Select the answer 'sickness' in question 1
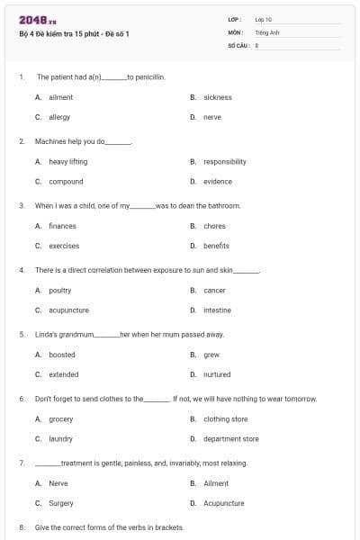(x=218, y=97)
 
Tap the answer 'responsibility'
(x=225, y=162)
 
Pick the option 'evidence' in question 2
(x=218, y=182)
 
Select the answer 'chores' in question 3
(x=214, y=226)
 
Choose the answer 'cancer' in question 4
(x=214, y=291)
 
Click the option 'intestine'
(x=217, y=310)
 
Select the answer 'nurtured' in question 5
(x=217, y=374)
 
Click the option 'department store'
(x=231, y=439)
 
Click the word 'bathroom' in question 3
(x=226, y=206)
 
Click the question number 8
(x=22, y=527)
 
